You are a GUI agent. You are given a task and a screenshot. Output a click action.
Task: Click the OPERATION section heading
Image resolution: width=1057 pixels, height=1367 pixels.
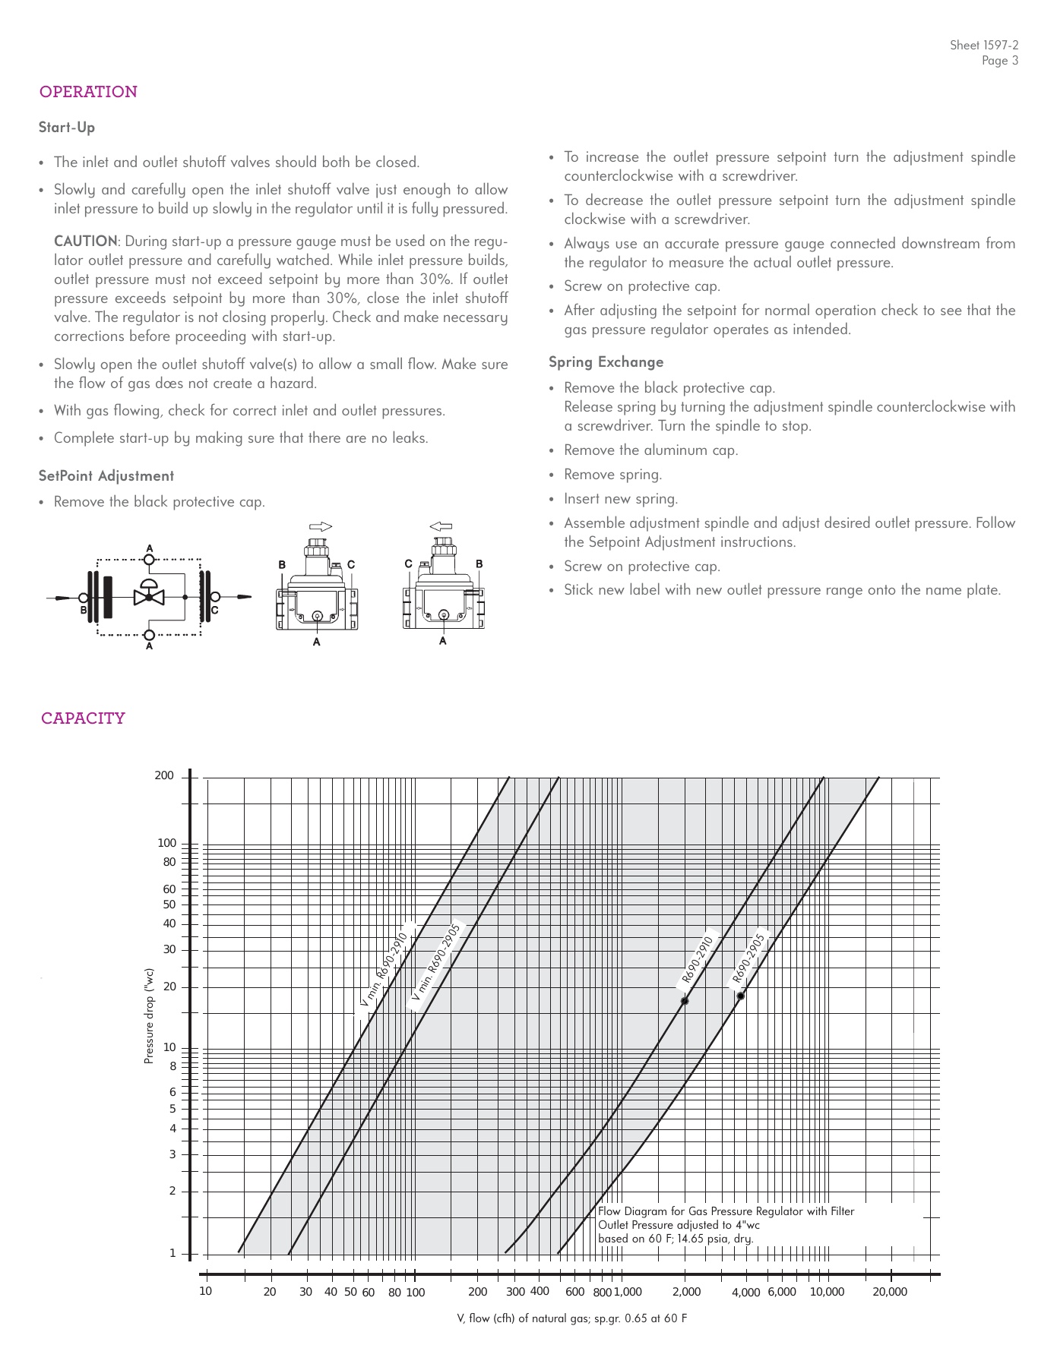[88, 92]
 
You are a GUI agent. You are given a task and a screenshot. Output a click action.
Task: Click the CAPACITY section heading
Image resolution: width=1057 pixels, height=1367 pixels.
[83, 718]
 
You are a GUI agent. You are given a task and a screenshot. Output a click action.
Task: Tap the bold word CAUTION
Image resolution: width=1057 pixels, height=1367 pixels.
[85, 242]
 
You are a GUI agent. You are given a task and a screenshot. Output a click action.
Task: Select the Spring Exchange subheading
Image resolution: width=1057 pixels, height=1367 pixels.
[606, 362]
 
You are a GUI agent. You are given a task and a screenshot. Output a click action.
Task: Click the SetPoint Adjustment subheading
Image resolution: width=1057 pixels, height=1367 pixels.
[106, 476]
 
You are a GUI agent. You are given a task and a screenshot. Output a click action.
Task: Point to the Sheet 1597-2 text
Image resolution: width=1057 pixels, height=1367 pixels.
[984, 46]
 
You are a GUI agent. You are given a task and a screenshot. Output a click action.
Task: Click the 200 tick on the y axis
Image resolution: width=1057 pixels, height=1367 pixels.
[164, 775]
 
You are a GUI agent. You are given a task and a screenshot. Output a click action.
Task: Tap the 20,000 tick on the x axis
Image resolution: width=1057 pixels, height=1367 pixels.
[889, 1292]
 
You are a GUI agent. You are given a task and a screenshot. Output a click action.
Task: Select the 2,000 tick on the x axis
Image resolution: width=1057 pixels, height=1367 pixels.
[685, 1292]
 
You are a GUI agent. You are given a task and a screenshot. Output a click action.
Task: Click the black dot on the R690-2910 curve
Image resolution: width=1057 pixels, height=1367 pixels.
[685, 1001]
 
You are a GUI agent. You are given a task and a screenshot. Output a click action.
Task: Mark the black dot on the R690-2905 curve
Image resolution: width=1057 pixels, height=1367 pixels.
[741, 996]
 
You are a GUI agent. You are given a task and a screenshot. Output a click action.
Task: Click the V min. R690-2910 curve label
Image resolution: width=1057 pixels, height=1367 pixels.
[385, 971]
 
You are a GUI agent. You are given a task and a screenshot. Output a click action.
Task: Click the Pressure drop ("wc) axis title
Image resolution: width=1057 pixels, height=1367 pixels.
[150, 1015]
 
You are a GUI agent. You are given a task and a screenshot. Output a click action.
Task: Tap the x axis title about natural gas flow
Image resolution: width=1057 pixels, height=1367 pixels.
[571, 1318]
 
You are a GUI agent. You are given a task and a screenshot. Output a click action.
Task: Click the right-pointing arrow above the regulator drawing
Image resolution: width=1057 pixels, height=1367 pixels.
[321, 526]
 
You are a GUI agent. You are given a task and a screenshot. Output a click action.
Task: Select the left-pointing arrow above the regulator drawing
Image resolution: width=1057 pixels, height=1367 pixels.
[441, 526]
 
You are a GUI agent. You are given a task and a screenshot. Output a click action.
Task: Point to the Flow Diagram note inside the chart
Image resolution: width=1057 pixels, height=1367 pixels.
[726, 1225]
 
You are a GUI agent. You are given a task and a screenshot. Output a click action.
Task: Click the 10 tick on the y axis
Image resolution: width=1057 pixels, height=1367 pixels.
[169, 1047]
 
